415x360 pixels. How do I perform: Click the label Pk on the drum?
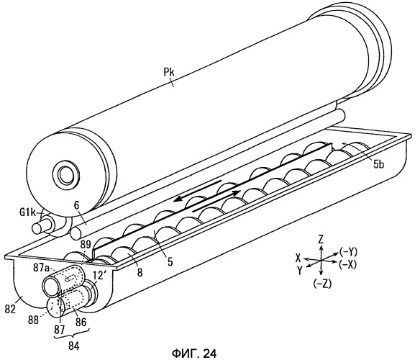coord(168,73)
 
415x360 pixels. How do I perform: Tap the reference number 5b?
coord(379,164)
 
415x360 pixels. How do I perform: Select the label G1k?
coord(27,212)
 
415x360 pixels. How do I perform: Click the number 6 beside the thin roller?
coord(76,206)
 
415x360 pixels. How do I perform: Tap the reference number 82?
coord(11,309)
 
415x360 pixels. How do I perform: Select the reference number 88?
coord(33,320)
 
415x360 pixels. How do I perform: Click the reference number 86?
coord(81,322)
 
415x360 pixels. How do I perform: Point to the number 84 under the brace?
coord(73,346)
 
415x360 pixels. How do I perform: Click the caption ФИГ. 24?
coord(194,353)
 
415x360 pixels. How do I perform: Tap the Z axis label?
coord(321,240)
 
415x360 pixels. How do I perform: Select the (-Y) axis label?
coord(348,252)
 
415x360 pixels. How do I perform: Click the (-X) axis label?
coord(348,264)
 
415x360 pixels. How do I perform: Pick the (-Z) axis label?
coord(322,284)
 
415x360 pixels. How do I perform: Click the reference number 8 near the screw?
coord(140,272)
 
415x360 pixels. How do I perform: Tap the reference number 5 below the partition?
coord(170,261)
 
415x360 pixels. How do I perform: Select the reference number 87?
coord(60,330)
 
